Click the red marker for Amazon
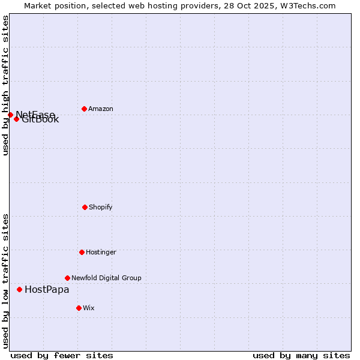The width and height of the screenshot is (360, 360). pyautogui.click(x=84, y=109)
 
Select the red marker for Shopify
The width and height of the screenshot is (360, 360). pyautogui.click(x=85, y=207)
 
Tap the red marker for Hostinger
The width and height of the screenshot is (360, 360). pyautogui.click(x=82, y=252)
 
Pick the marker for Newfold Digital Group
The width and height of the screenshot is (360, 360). pyautogui.click(x=67, y=278)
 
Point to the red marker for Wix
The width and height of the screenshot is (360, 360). pyautogui.click(x=79, y=308)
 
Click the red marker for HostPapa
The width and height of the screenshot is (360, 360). pyautogui.click(x=19, y=289)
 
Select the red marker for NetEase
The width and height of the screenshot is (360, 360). pyautogui.click(x=10, y=115)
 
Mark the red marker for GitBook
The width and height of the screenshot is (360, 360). pyautogui.click(x=16, y=119)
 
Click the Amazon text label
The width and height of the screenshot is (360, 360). pyautogui.click(x=101, y=109)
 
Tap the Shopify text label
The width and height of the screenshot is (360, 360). pyautogui.click(x=101, y=208)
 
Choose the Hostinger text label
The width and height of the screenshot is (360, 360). pyautogui.click(x=101, y=253)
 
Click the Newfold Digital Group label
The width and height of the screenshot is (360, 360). pyautogui.click(x=106, y=278)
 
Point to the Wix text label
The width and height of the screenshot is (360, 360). pyautogui.click(x=89, y=308)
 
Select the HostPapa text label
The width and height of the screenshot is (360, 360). pyautogui.click(x=47, y=290)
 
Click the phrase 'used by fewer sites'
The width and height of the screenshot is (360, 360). pyautogui.click(x=62, y=355)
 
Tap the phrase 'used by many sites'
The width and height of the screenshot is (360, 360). pyautogui.click(x=301, y=355)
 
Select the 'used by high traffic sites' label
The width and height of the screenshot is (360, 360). pyautogui.click(x=5, y=85)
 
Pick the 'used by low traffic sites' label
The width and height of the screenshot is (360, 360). pyautogui.click(x=5, y=281)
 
